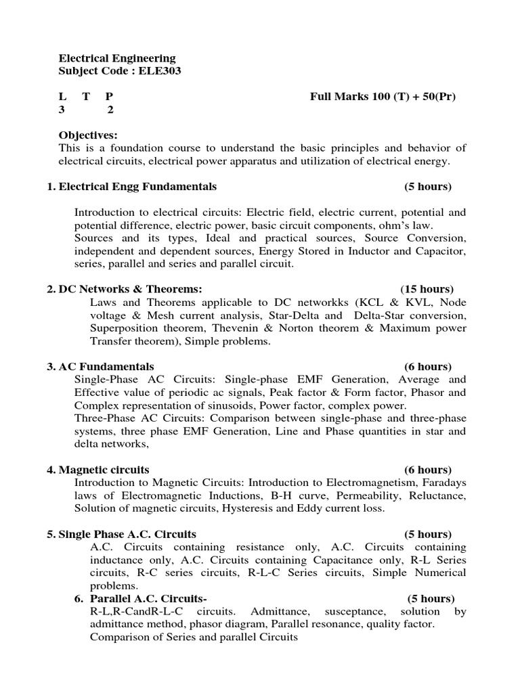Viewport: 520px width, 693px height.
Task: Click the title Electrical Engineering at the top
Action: pyautogui.click(x=117, y=58)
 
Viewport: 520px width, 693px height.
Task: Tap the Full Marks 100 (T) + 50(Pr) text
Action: pyautogui.click(x=383, y=97)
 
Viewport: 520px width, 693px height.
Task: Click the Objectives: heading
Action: pyautogui.click(x=88, y=135)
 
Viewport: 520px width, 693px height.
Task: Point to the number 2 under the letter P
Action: pyautogui.click(x=111, y=110)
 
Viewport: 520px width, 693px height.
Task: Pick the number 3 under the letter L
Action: pyautogui.click(x=62, y=110)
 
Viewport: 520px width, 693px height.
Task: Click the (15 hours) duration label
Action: pyautogui.click(x=427, y=289)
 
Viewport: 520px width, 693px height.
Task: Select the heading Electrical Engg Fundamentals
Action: pyautogui.click(x=137, y=186)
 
